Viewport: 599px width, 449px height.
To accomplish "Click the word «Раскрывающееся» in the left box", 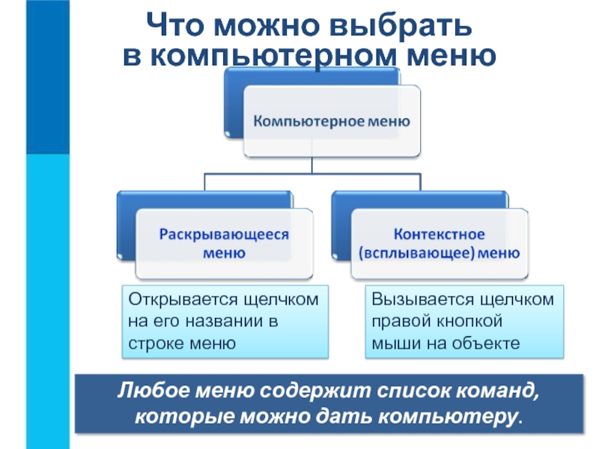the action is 223,233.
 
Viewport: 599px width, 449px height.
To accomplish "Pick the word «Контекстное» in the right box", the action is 440,233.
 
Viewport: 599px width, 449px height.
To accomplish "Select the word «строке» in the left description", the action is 156,343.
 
